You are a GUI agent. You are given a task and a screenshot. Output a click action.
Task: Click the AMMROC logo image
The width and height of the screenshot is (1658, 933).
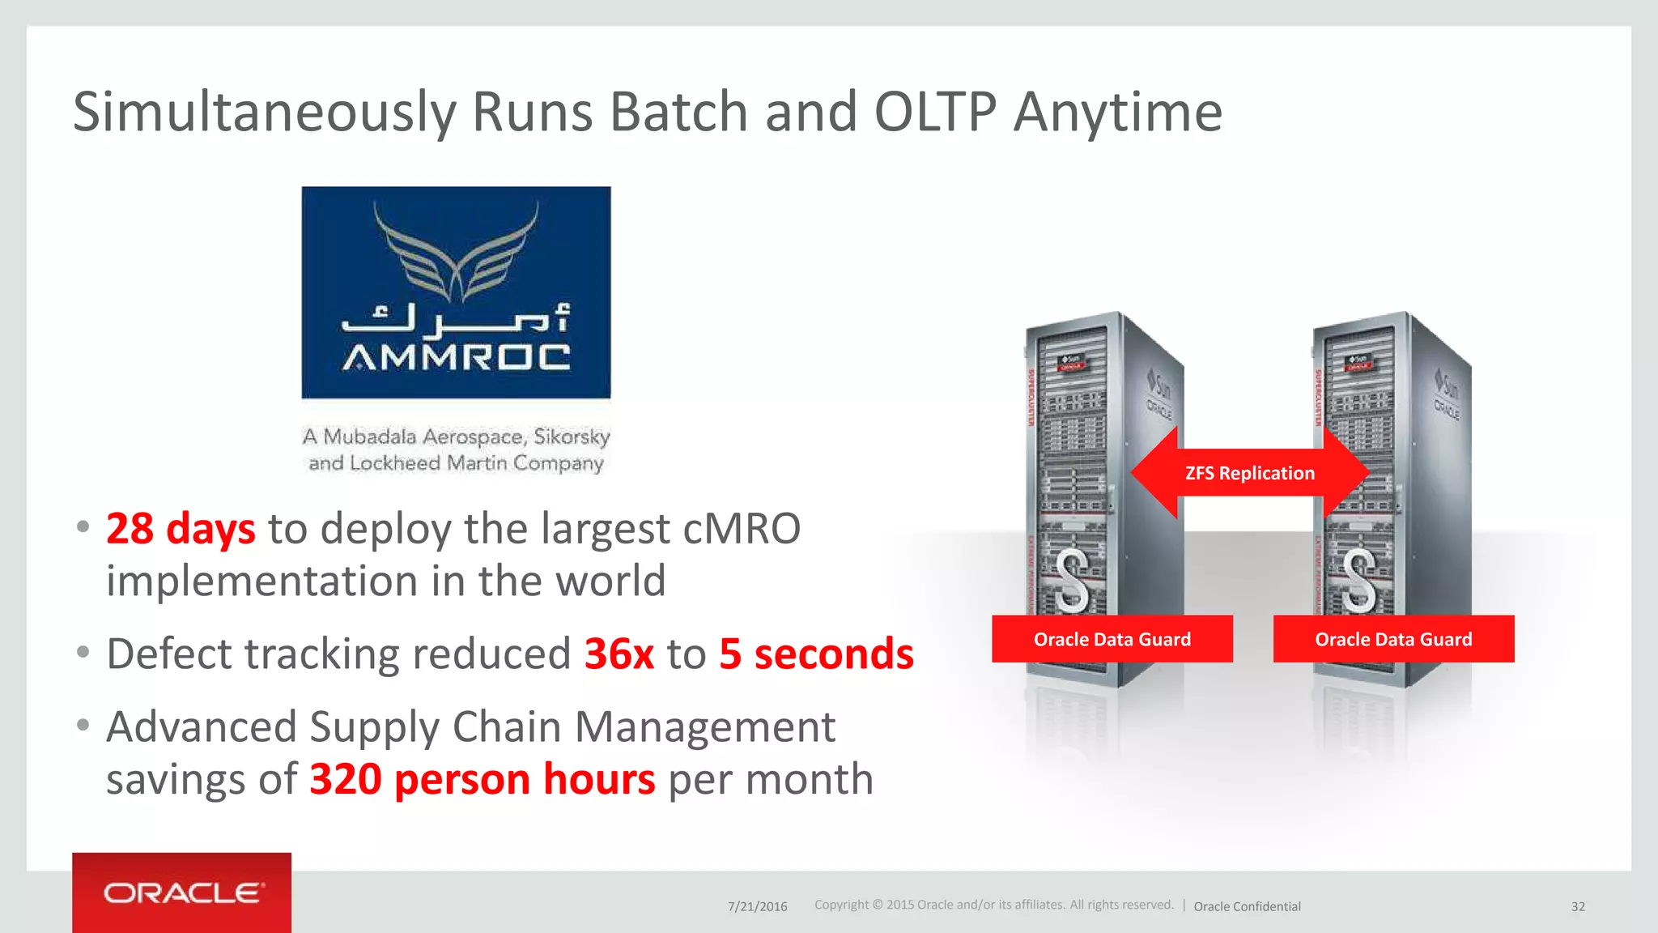[456, 292]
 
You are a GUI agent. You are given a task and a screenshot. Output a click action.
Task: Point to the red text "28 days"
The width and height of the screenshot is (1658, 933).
[181, 529]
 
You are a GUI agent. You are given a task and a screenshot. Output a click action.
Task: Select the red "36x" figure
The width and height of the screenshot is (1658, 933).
[619, 654]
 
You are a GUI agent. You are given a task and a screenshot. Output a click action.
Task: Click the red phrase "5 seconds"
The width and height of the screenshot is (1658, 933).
[816, 654]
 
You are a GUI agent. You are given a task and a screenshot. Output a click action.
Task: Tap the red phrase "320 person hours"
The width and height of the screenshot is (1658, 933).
[483, 779]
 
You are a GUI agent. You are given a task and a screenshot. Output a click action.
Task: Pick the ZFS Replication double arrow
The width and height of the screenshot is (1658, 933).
[1250, 473]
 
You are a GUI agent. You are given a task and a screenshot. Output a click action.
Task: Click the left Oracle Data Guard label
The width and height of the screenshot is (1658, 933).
[1112, 639]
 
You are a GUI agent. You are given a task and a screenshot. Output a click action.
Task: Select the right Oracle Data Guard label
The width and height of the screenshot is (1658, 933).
[1393, 639]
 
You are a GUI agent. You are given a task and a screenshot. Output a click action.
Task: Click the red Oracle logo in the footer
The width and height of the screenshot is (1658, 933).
[181, 893]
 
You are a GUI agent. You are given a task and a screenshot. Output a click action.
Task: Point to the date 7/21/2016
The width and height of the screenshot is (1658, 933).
[757, 906]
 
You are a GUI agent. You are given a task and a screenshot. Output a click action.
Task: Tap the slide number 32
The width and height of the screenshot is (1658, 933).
[1578, 906]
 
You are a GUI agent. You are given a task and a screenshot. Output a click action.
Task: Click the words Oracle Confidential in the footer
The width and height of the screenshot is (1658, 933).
[1247, 906]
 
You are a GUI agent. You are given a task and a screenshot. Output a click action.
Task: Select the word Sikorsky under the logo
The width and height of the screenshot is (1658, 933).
[572, 437]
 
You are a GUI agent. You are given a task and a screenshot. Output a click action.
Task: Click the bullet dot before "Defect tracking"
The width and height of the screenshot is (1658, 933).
[83, 652]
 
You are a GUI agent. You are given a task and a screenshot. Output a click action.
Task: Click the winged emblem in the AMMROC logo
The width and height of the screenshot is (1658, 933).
[456, 251]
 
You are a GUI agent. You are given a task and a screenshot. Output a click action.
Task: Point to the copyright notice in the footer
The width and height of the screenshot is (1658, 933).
[993, 905]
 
